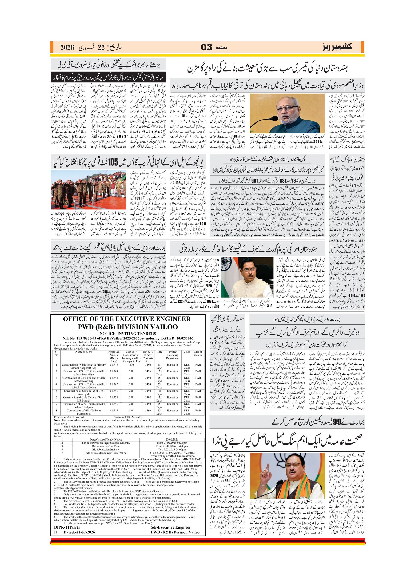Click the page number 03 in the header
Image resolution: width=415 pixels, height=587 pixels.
[206, 47]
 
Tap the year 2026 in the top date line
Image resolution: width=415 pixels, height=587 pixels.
[67, 47]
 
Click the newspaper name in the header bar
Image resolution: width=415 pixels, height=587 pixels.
[337, 47]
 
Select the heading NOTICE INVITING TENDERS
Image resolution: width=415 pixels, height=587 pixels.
[128, 334]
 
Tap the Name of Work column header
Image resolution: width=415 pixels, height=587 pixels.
[84, 352]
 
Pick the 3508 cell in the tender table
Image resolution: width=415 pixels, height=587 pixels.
[148, 397]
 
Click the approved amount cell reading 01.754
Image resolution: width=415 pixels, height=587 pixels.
[114, 397]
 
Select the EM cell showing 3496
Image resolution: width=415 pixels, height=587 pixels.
[148, 371]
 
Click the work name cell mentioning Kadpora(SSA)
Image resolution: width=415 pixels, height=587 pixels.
[84, 366]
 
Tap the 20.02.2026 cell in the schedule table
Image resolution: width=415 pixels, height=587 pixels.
[172, 439]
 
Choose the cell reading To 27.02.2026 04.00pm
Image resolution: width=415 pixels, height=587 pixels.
[172, 449]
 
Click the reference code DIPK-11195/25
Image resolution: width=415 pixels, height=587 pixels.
[67, 527]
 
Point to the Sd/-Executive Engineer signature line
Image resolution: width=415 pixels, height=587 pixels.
[171, 527]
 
